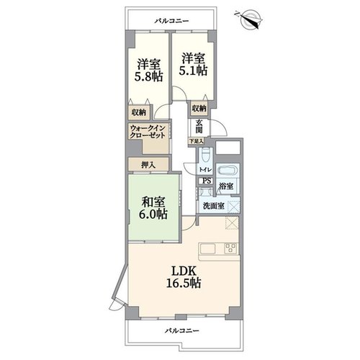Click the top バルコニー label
coord(171,21)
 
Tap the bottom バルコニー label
coord(181,331)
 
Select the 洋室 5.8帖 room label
coord(148,71)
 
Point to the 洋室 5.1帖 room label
coord(193,64)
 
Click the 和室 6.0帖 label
coord(153,208)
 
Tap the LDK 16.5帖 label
coord(184,276)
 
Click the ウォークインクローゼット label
coord(148,132)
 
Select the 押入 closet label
coord(148,165)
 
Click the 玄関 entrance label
coord(199,126)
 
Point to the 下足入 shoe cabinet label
coord(196,141)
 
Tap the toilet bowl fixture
coord(206,155)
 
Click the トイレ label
coord(205,170)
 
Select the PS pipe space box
coord(207,181)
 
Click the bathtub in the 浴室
coord(228,170)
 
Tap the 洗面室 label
coord(214,206)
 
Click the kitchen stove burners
coord(230,248)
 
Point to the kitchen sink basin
coord(208,249)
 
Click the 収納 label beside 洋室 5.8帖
coord(139,112)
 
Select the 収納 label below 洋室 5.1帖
coord(199,108)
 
